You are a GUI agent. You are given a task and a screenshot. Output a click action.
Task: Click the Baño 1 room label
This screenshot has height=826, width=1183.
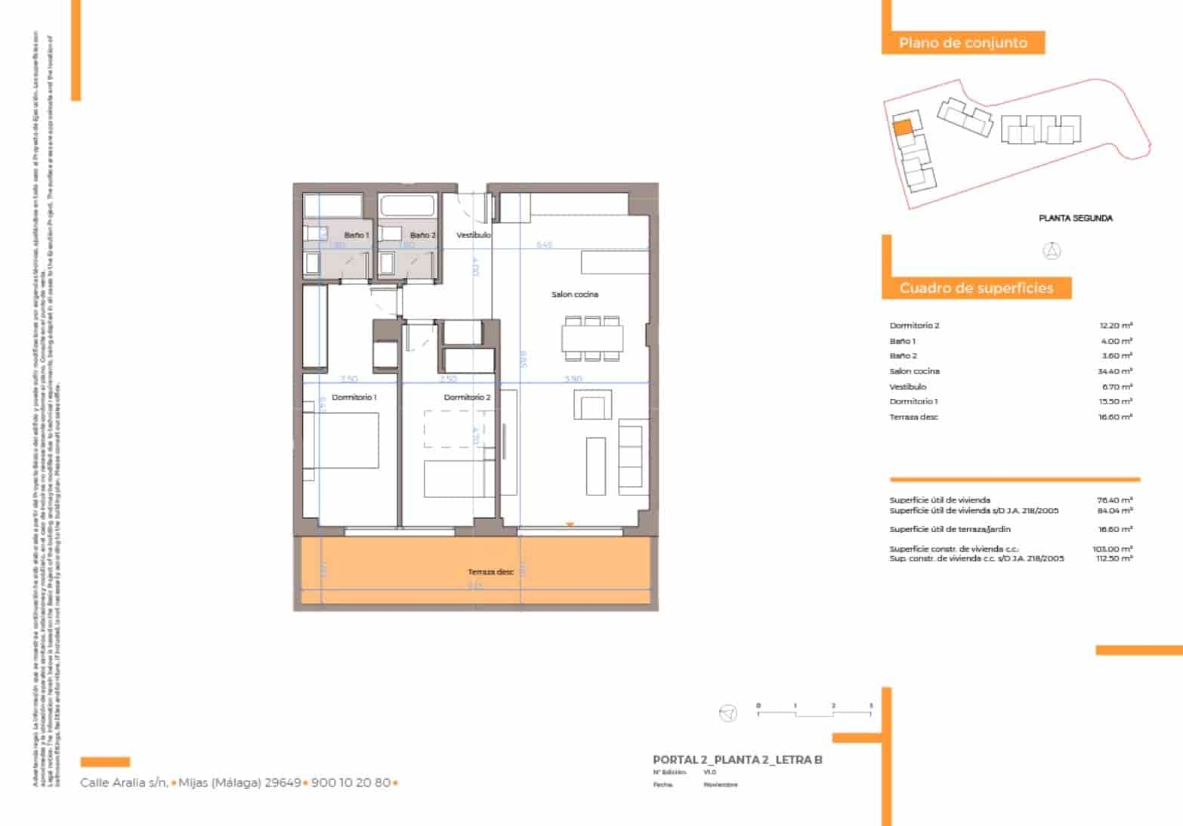357,235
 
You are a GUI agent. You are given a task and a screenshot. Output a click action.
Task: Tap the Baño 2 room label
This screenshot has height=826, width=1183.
422,235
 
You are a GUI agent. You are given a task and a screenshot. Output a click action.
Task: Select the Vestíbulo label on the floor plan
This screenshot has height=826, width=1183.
474,235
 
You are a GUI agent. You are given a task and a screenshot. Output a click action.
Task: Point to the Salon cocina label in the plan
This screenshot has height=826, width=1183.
575,294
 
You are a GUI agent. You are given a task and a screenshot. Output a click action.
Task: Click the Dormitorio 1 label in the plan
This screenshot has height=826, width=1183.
354,397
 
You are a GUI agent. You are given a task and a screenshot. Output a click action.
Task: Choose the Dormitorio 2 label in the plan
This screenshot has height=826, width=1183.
467,397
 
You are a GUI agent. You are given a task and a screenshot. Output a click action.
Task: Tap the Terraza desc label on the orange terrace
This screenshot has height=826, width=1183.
490,572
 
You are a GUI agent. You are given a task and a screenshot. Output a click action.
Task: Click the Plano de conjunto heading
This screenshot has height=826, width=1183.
962,43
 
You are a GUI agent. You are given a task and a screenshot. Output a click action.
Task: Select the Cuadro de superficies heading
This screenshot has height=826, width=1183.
975,288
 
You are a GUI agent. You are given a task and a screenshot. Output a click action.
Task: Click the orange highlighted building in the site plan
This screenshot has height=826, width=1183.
903,127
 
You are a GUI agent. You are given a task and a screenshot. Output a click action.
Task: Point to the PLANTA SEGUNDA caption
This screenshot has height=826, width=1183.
1075,218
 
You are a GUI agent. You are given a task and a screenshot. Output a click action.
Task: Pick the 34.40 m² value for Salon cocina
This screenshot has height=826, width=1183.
1116,371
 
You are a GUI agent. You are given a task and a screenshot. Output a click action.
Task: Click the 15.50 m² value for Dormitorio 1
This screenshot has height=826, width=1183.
1116,401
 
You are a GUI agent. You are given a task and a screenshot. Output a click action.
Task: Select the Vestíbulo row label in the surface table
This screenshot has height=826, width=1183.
908,386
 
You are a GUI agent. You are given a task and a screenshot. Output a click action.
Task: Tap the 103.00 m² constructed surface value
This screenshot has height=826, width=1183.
1114,549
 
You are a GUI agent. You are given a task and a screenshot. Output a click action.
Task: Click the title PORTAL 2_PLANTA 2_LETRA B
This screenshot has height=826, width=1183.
737,759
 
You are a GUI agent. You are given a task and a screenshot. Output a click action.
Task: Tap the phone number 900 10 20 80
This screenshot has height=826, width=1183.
351,783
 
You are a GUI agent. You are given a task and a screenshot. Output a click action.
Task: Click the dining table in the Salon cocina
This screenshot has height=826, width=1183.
592,338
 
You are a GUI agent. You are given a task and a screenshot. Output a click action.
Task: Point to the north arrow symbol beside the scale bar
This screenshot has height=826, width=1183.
727,713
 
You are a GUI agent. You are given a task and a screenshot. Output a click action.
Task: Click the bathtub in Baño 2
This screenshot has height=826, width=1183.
407,206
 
